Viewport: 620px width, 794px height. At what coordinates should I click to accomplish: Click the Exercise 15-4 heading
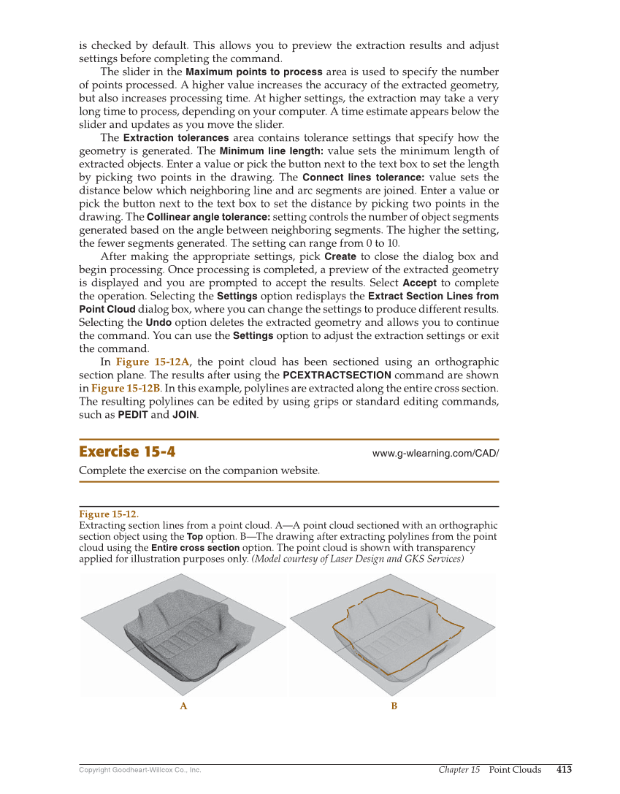pos(127,451)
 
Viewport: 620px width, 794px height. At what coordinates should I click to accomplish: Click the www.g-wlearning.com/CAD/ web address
pos(435,453)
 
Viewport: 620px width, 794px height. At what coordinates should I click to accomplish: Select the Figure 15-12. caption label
pos(108,514)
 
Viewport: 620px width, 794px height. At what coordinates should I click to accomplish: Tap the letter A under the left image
pos(183,706)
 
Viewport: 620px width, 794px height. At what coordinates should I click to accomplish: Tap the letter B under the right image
pos(394,706)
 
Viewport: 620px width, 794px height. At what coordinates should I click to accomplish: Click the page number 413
pos(564,769)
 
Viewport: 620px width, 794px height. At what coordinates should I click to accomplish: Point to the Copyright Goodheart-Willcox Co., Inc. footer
pos(139,770)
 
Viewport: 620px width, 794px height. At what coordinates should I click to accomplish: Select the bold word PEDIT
pos(132,415)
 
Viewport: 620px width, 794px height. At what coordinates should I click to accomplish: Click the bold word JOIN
pos(184,415)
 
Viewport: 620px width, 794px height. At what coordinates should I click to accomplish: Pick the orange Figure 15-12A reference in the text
pos(153,362)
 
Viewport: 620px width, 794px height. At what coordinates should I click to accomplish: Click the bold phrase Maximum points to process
pos(253,72)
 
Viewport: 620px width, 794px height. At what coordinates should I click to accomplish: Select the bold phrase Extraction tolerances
pos(175,138)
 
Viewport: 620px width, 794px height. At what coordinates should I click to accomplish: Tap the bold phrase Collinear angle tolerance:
pos(208,217)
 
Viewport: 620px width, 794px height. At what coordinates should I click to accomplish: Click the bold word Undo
pos(158,322)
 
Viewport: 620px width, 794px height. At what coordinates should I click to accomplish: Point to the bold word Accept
pos(419,283)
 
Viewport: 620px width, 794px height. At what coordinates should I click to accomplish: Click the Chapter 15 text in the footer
pos(459,769)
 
